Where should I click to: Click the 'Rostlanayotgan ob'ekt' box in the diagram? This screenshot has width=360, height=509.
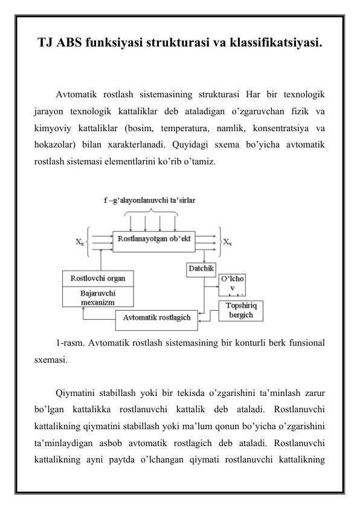tap(155, 239)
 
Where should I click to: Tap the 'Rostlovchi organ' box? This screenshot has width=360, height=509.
tap(98, 279)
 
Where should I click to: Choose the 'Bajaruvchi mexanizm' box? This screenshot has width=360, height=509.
tap(98, 297)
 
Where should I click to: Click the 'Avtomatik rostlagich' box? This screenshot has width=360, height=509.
tap(157, 317)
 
